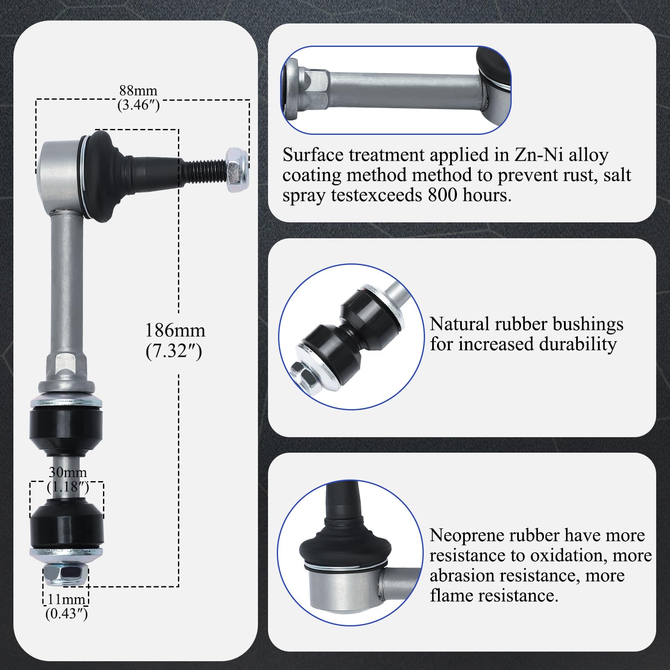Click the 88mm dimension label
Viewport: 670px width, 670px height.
pos(138,90)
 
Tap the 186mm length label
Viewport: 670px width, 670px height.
pos(175,331)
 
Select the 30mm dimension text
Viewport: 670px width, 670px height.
pos(67,472)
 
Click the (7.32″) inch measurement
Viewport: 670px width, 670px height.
pos(174,351)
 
